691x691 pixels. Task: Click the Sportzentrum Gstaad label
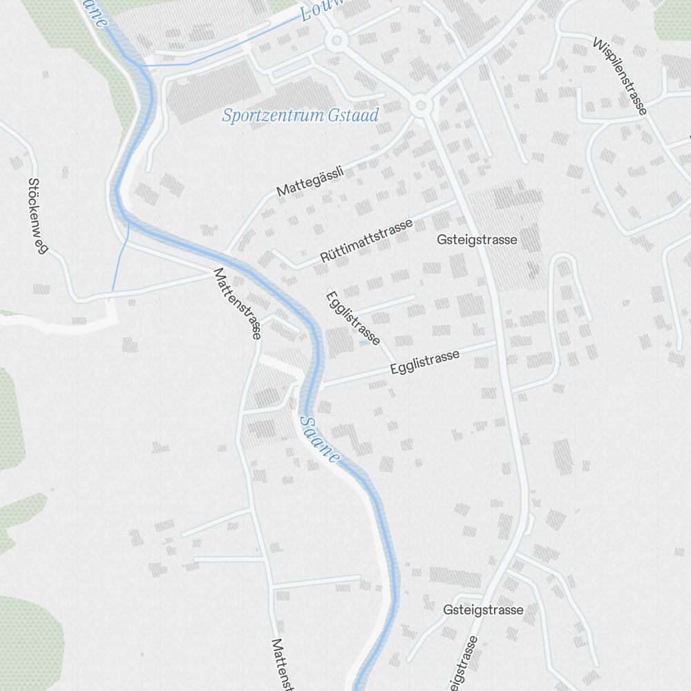tap(301, 115)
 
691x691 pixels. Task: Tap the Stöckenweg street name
tap(38, 216)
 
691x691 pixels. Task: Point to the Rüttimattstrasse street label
tap(366, 240)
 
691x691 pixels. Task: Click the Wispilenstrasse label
tap(620, 76)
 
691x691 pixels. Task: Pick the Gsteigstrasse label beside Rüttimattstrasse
tap(477, 240)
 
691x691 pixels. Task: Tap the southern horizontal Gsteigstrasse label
tap(483, 610)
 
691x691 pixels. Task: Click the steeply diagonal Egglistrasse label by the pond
tap(352, 318)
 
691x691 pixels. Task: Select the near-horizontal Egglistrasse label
tap(425, 362)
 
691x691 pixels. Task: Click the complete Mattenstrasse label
tap(238, 303)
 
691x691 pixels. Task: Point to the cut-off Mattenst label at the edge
tap(284, 664)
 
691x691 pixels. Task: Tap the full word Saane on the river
tap(320, 439)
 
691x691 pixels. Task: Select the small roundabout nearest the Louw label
tap(337, 41)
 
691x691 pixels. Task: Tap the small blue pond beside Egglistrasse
tap(364, 342)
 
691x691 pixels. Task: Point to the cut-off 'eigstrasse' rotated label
tap(464, 664)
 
